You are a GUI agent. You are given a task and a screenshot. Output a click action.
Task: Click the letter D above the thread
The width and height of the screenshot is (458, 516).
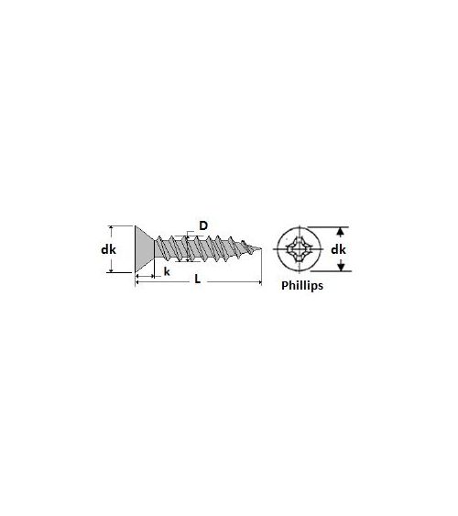203,225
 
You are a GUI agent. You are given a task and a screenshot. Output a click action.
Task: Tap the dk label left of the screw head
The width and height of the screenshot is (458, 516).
108,249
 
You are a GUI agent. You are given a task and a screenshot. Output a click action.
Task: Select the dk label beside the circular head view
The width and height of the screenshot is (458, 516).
338,249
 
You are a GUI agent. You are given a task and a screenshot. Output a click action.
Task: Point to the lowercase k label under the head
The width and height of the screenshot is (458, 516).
167,271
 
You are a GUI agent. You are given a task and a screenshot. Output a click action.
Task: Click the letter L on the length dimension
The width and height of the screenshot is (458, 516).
197,279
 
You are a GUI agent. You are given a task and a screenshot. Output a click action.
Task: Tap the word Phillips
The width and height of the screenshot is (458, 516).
302,285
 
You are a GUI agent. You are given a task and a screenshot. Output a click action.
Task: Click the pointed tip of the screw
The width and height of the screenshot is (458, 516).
261,248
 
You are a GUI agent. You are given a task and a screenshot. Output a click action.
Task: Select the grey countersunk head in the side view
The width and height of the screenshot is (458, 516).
145,249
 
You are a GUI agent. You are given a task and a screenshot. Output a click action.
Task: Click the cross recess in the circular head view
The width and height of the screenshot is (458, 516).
299,249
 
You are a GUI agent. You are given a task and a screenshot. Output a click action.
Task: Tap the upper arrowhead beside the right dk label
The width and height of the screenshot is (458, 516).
341,232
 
